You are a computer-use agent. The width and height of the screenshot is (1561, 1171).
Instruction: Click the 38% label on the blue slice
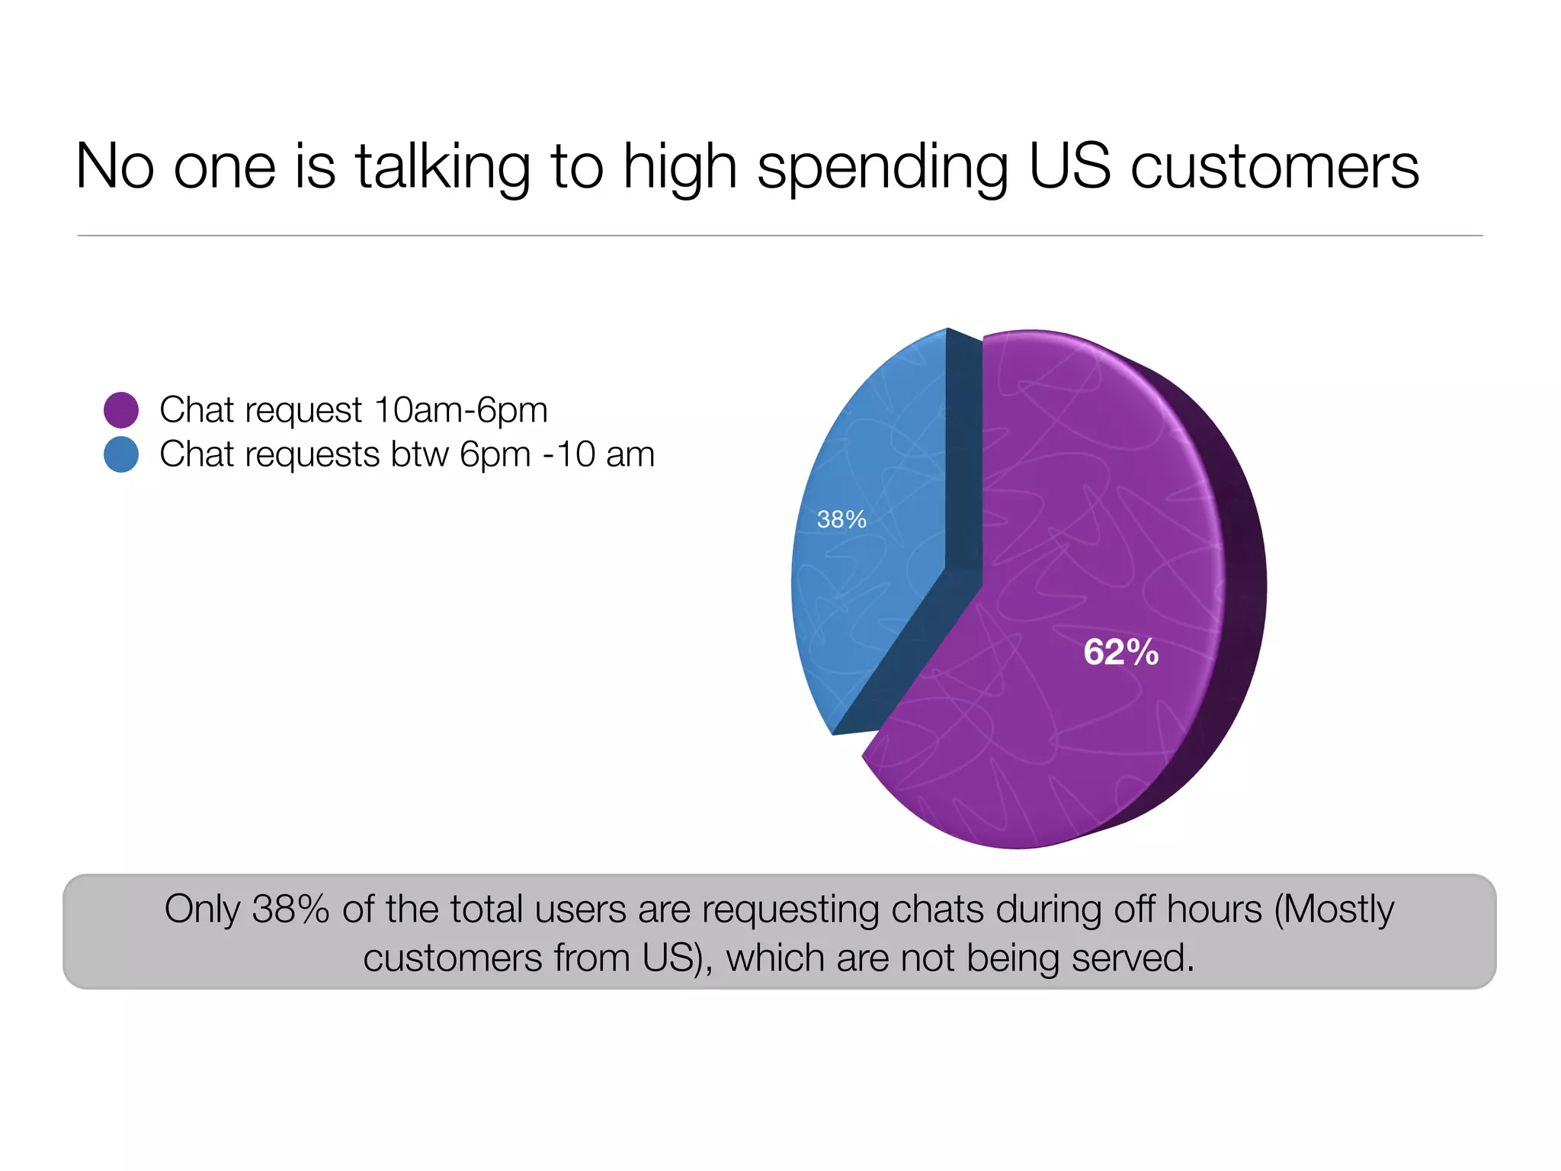(841, 520)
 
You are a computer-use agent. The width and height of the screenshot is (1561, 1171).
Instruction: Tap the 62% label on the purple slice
(1120, 653)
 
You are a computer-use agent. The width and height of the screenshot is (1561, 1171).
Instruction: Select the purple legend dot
(121, 410)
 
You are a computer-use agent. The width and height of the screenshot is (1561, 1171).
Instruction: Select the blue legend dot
(121, 454)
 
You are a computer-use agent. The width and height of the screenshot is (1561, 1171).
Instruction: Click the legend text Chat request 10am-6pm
(354, 410)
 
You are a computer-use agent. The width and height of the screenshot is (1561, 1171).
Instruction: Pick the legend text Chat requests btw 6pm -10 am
(407, 454)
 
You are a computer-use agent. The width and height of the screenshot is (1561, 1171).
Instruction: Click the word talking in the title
(443, 167)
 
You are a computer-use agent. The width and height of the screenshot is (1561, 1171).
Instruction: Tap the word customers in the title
(1274, 167)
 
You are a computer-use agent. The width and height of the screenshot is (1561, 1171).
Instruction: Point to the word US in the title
(1069, 167)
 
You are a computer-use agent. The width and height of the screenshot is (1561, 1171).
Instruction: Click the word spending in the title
(883, 167)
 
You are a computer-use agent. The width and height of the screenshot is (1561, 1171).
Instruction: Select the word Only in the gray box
(202, 910)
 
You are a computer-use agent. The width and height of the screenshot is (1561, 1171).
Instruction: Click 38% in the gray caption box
(290, 910)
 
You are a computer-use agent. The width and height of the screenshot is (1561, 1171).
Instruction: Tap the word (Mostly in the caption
(1334, 910)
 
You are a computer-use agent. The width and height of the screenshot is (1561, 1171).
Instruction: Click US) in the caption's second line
(678, 958)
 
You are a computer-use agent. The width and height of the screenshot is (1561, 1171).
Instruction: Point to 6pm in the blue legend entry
(495, 455)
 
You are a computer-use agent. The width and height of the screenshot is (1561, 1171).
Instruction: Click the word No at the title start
(115, 167)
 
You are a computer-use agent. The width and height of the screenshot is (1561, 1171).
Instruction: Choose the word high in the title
(680, 167)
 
